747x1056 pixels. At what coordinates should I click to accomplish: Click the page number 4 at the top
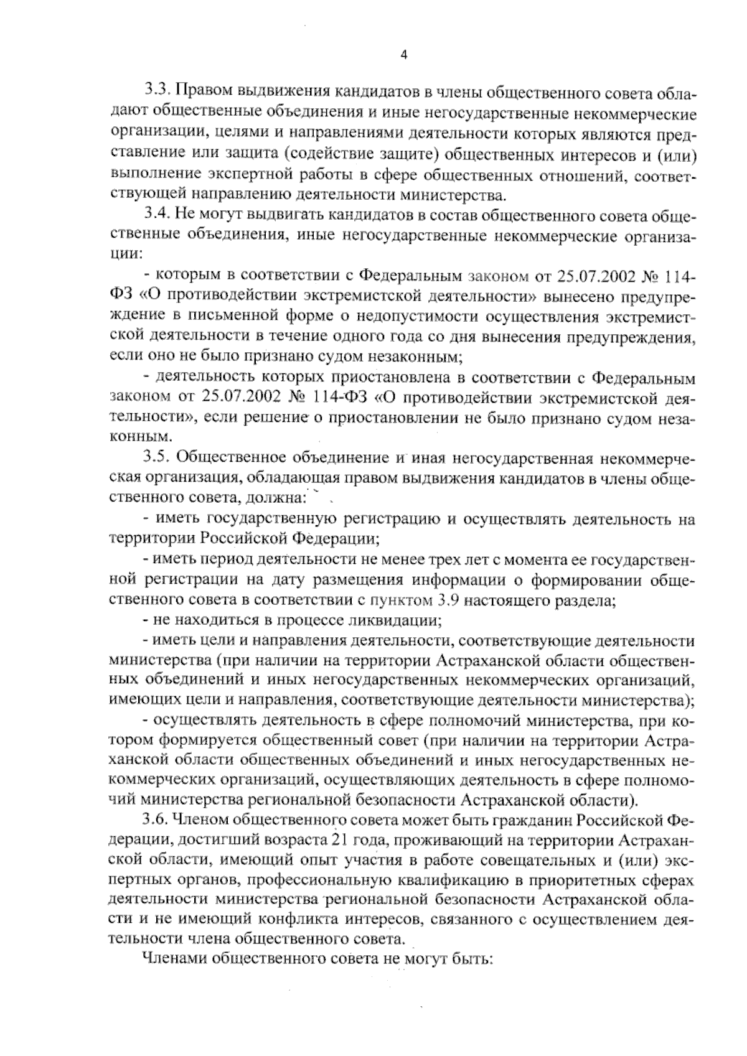click(x=403, y=55)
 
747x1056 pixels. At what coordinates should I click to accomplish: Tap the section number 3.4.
click(x=157, y=216)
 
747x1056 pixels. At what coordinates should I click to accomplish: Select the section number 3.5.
click(x=157, y=459)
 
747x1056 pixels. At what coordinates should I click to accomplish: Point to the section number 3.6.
click(x=157, y=819)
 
